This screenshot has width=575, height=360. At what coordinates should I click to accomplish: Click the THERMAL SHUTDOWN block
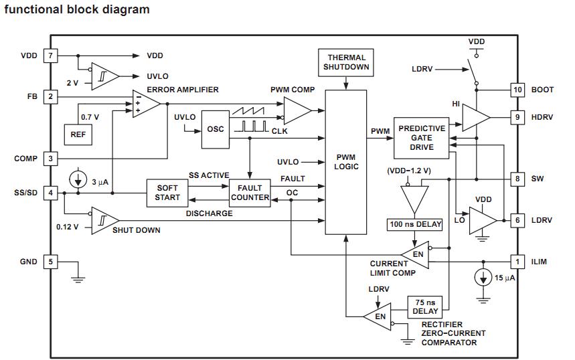pyautogui.click(x=346, y=62)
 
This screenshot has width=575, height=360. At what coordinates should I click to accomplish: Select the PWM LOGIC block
pyautogui.click(x=346, y=161)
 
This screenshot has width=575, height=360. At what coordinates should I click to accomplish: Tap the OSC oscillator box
pyautogui.click(x=215, y=129)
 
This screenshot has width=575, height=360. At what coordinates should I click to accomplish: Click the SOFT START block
pyautogui.click(x=167, y=193)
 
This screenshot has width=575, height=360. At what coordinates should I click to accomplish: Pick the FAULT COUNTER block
pyautogui.click(x=250, y=193)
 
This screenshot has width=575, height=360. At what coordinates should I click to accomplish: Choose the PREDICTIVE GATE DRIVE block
pyautogui.click(x=421, y=137)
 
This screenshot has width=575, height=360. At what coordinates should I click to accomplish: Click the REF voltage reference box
pyautogui.click(x=78, y=134)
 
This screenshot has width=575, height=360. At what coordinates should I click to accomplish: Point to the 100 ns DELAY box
pyautogui.click(x=415, y=224)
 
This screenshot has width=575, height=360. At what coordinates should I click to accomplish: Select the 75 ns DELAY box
pyautogui.click(x=426, y=306)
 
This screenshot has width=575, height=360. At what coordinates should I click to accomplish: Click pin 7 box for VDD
pyautogui.click(x=50, y=56)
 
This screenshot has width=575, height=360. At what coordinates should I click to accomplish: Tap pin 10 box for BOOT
pyautogui.click(x=517, y=90)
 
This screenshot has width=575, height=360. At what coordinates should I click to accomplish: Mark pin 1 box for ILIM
pyautogui.click(x=517, y=262)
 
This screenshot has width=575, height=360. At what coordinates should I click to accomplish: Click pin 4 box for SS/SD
pyautogui.click(x=50, y=193)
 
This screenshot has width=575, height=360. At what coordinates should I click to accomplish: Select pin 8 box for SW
pyautogui.click(x=517, y=179)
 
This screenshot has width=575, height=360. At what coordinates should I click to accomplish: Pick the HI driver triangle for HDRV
pyautogui.click(x=473, y=117)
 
